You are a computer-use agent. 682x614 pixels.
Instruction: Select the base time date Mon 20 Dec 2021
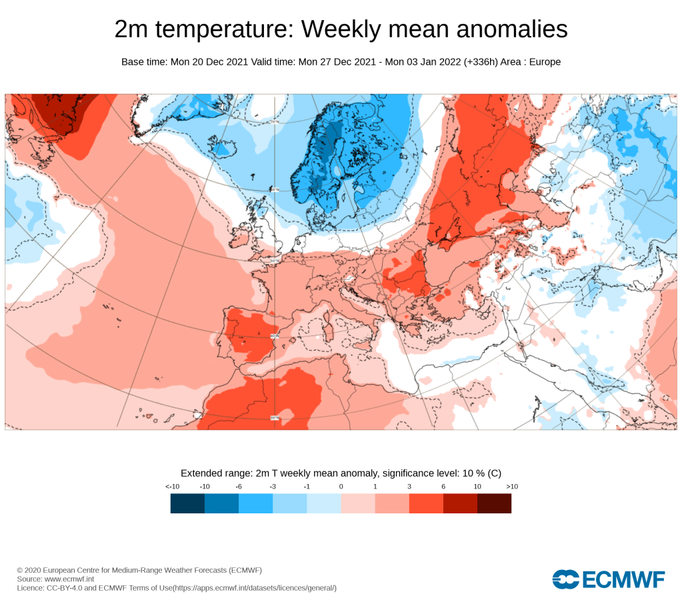[209, 62]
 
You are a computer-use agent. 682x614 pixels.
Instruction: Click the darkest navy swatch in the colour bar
[187, 503]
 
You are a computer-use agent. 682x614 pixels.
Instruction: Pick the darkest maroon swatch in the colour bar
[494, 503]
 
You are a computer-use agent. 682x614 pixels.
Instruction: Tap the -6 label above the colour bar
[238, 487]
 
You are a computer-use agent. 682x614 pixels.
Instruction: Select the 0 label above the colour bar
[341, 487]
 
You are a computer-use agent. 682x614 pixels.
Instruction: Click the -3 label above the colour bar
[272, 487]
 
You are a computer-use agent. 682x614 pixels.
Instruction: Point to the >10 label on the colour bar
[511, 487]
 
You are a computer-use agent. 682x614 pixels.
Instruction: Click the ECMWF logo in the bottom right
[609, 579]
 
